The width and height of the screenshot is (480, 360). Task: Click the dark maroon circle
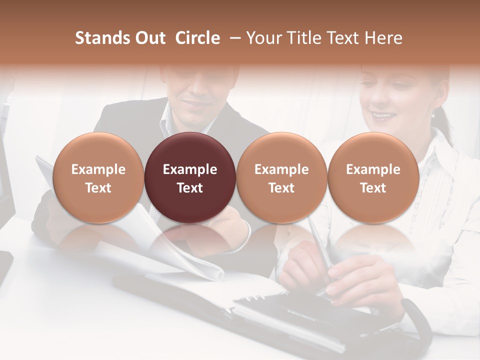pyautogui.click(x=190, y=177)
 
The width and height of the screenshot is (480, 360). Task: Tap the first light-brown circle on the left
pyautogui.click(x=98, y=177)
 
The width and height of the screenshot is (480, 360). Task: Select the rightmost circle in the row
pyautogui.click(x=373, y=177)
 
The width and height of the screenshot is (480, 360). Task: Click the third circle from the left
pyautogui.click(x=281, y=177)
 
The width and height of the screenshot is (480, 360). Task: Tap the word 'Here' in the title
pyautogui.click(x=384, y=38)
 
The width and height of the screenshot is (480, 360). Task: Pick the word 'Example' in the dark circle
pyautogui.click(x=190, y=169)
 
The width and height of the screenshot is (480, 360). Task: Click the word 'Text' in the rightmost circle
pyautogui.click(x=373, y=188)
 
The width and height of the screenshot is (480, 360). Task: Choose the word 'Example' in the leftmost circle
pyautogui.click(x=98, y=169)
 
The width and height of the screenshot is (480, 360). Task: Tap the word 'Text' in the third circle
pyautogui.click(x=281, y=188)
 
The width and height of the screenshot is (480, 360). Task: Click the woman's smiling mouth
pyautogui.click(x=383, y=116)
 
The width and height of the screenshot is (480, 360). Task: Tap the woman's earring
pyautogui.click(x=433, y=114)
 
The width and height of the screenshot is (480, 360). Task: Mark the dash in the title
pyautogui.click(x=233, y=38)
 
